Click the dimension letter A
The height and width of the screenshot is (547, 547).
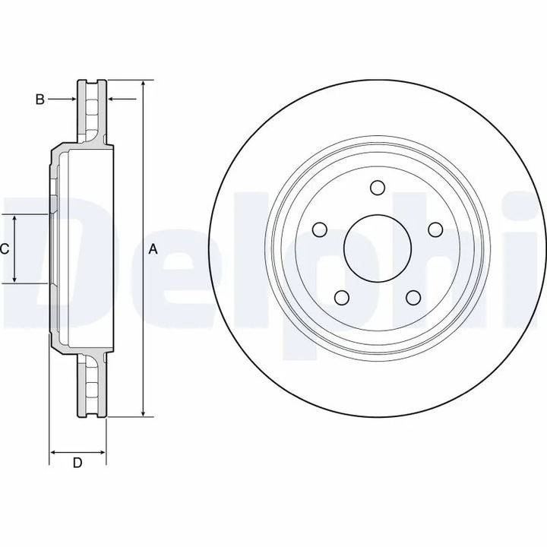[x=153, y=249]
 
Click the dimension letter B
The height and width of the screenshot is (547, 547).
[x=40, y=100]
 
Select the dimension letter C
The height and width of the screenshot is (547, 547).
[x=5, y=249]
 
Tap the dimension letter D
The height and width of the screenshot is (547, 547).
[x=77, y=463]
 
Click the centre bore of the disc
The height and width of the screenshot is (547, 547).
[x=378, y=248]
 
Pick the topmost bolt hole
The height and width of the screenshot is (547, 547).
[x=378, y=188]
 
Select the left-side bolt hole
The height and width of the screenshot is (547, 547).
[x=320, y=229]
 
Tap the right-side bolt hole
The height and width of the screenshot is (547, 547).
[x=435, y=229]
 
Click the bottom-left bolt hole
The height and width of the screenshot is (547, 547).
[x=342, y=297]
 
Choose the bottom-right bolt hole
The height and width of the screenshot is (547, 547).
[x=413, y=297]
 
